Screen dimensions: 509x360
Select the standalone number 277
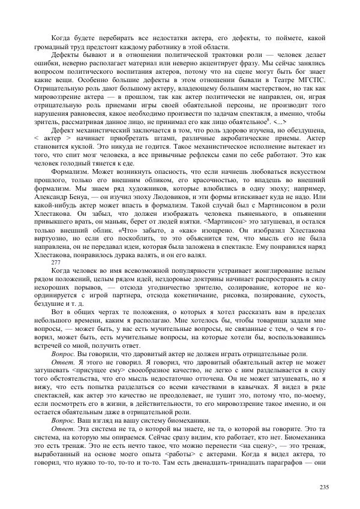[x=55, y=263]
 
